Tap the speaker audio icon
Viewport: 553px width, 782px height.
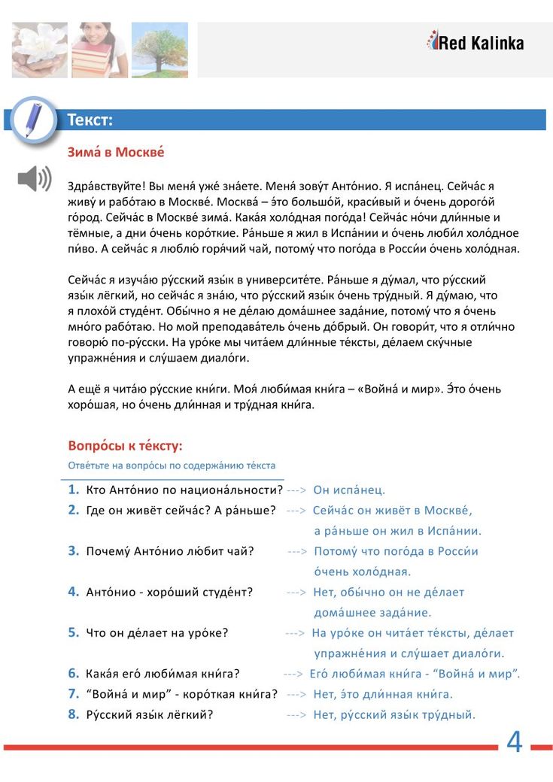pyautogui.click(x=35, y=178)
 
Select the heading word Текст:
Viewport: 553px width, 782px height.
pyautogui.click(x=90, y=120)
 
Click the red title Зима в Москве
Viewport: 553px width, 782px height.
pyautogui.click(x=116, y=153)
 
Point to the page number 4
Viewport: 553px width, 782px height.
pyautogui.click(x=514, y=742)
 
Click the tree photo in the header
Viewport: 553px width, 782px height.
pyautogui.click(x=160, y=50)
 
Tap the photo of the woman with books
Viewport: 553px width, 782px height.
pyautogui.click(x=99, y=50)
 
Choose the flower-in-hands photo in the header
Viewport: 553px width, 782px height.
pyautogui.click(x=39, y=50)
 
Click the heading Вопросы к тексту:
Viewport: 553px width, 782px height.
pyautogui.click(x=125, y=445)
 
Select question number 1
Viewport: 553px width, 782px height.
pyautogui.click(x=74, y=490)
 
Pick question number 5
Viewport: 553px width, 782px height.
pyautogui.click(x=74, y=632)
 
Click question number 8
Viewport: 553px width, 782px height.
pyautogui.click(x=74, y=714)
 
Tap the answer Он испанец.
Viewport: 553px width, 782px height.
pyautogui.click(x=349, y=490)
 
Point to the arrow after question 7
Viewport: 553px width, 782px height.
pyautogui.click(x=296, y=694)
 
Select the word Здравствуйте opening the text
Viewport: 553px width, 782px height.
pyautogui.click(x=104, y=185)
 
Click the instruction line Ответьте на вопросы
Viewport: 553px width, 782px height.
pyautogui.click(x=172, y=465)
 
